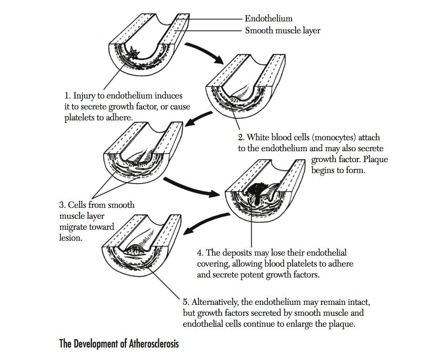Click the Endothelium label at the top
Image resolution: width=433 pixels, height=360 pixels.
[268, 19]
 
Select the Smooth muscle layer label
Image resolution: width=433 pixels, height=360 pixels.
[282, 31]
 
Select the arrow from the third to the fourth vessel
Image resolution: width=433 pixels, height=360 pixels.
[192, 187]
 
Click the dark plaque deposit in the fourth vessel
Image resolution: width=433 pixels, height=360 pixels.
[257, 191]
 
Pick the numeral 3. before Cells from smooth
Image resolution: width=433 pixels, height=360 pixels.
[62, 205]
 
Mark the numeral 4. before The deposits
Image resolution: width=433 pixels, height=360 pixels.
[200, 253]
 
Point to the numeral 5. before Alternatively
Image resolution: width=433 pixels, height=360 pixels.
[186, 302]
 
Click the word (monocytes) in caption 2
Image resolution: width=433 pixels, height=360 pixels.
[334, 137]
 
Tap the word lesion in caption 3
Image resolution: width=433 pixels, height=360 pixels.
[69, 238]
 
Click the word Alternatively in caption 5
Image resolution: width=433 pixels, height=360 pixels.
[215, 302]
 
